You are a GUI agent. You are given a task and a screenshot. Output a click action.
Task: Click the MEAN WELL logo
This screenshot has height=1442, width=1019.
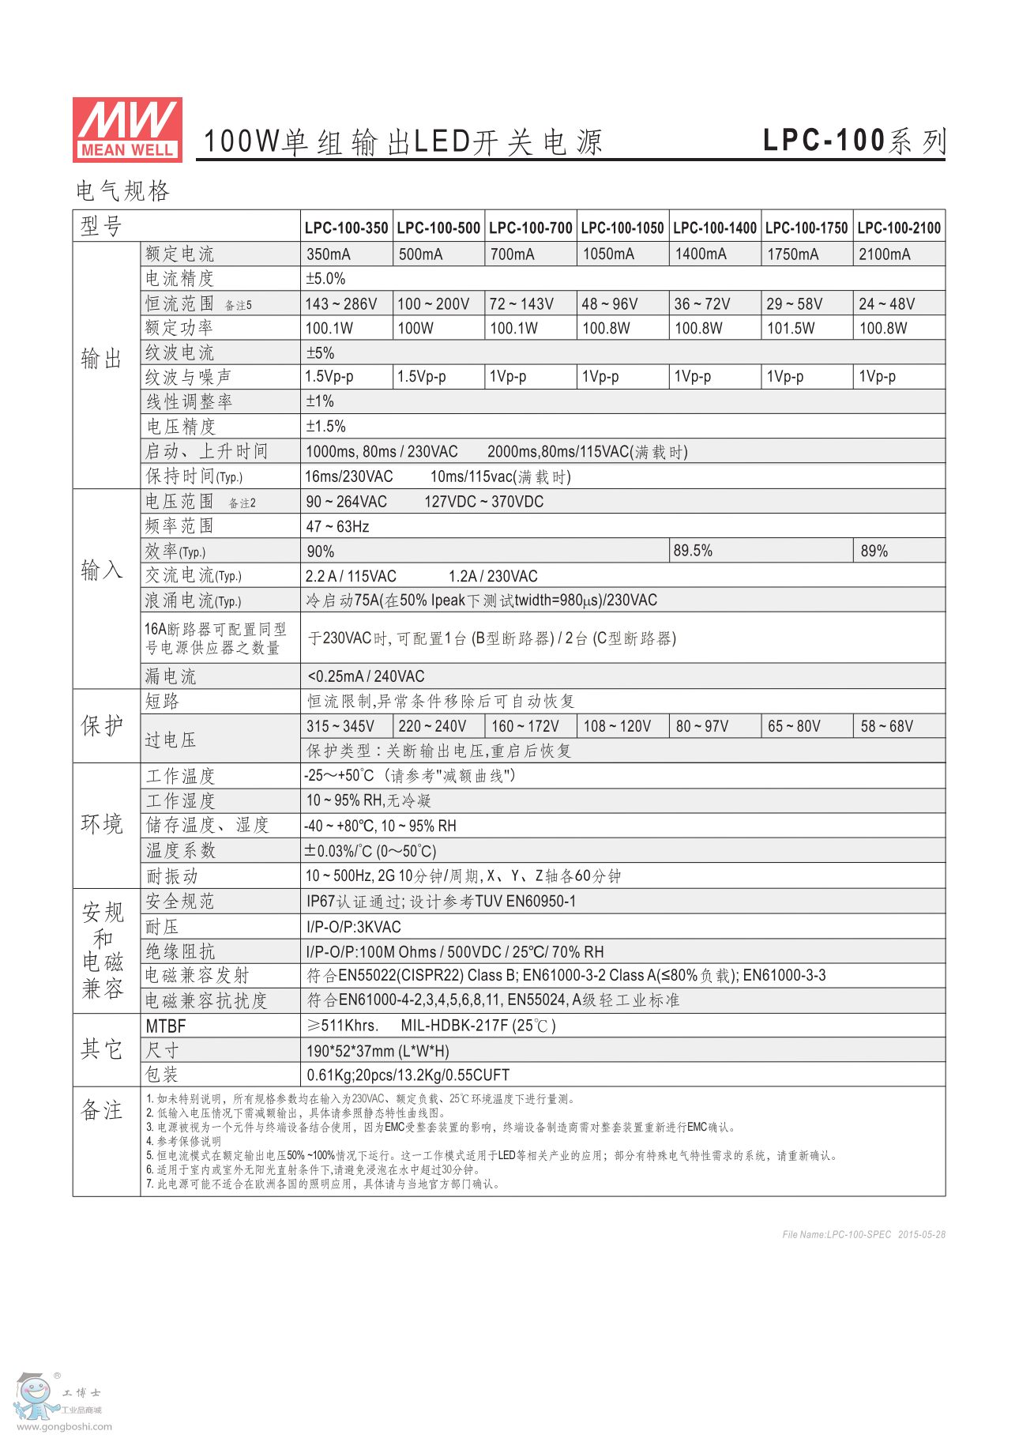pyautogui.click(x=127, y=130)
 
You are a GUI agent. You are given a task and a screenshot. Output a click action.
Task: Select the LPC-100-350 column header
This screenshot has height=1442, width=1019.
pyautogui.click(x=346, y=228)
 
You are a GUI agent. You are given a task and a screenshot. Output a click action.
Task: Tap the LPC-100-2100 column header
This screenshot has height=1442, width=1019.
pyautogui.click(x=899, y=228)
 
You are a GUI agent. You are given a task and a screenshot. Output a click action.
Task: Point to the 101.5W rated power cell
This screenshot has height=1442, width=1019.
pyautogui.click(x=791, y=328)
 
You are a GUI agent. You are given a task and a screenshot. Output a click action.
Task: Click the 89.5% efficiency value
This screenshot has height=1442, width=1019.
pyautogui.click(x=693, y=551)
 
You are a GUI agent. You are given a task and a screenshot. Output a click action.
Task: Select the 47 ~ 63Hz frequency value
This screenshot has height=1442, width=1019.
pyautogui.click(x=337, y=526)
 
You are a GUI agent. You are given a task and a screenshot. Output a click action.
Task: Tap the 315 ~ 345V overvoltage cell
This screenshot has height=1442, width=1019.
pyautogui.click(x=340, y=726)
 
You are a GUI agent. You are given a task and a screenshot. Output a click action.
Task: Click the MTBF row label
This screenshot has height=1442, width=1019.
pyautogui.click(x=166, y=1026)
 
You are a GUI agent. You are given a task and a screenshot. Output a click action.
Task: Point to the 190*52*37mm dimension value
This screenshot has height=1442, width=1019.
pyautogui.click(x=378, y=1051)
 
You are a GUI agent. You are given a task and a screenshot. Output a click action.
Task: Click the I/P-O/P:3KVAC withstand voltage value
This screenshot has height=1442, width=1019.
pyautogui.click(x=354, y=927)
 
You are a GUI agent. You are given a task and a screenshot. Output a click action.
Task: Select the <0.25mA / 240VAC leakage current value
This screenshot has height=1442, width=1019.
pyautogui.click(x=366, y=676)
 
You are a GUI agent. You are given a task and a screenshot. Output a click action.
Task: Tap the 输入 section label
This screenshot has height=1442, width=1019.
pyautogui.click(x=101, y=570)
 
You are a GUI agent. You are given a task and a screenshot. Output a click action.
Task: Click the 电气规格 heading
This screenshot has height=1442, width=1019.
pyautogui.click(x=122, y=190)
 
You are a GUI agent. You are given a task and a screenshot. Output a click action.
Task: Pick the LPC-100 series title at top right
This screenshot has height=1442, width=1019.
pyautogui.click(x=853, y=141)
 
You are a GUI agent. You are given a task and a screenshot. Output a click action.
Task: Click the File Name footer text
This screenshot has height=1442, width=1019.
pyautogui.click(x=863, y=1234)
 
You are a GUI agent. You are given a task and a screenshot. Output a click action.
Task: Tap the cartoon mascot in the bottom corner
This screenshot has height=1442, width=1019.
pyautogui.click(x=36, y=1396)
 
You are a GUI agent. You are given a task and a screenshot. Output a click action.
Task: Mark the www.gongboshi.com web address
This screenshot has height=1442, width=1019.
pyautogui.click(x=64, y=1426)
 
